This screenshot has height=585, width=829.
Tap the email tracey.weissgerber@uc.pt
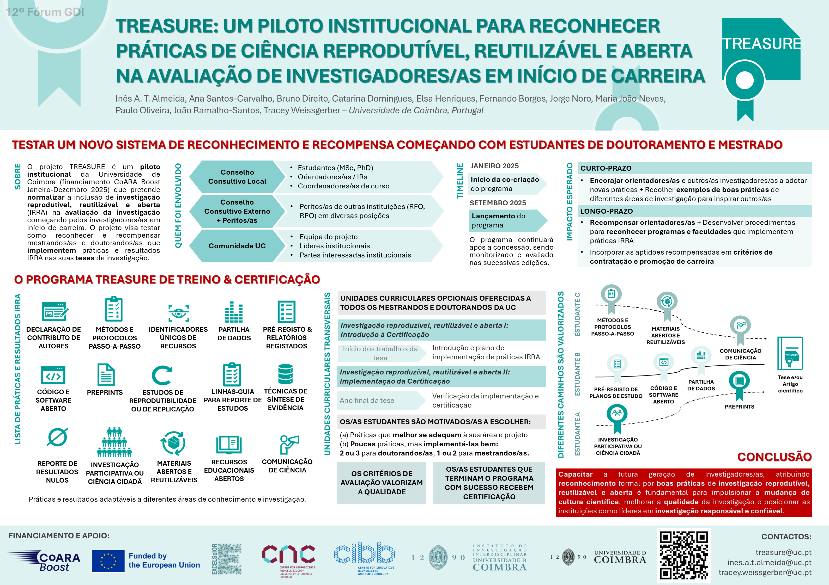click(x=765, y=572)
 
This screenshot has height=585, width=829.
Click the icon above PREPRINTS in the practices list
click(x=106, y=375)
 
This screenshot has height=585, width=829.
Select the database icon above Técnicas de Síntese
click(x=285, y=374)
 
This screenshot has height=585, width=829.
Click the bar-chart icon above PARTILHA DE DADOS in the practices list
click(x=234, y=312)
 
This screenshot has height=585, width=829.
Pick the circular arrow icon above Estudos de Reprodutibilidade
click(x=161, y=376)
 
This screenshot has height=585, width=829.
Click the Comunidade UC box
click(x=237, y=246)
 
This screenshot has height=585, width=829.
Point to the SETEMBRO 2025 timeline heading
click(x=498, y=203)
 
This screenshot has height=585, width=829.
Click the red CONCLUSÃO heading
click(x=774, y=457)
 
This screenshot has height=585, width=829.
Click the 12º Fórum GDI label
click(x=45, y=12)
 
